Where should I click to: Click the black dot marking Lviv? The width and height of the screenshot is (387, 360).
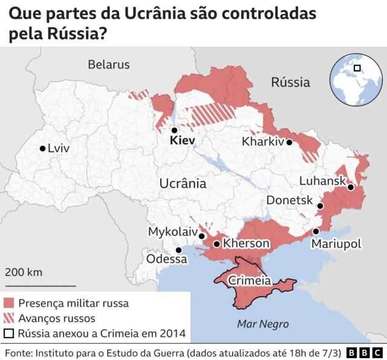(x=42, y=148)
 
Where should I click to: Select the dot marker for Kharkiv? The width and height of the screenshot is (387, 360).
(x=290, y=142)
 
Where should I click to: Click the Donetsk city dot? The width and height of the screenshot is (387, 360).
(x=320, y=206)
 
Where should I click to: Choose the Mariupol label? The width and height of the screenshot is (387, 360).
(x=336, y=244)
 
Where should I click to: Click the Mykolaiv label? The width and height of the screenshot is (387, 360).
(x=172, y=232)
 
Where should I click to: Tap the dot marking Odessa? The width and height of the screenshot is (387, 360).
(x=178, y=250)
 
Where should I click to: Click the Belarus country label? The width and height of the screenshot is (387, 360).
(x=109, y=64)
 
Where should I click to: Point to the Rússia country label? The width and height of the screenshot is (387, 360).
(x=290, y=82)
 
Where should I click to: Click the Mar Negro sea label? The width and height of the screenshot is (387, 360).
(x=262, y=323)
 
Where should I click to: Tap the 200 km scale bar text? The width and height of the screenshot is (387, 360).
(x=24, y=272)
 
